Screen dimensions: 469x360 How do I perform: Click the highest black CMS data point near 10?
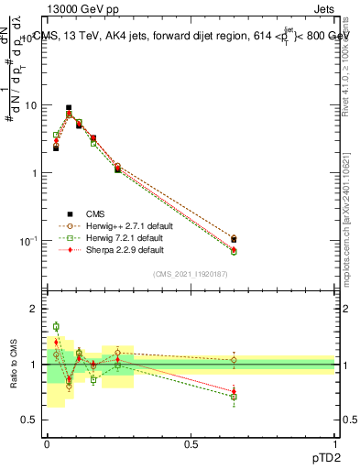pos(69,107)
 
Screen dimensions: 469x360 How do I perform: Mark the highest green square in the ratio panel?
pos(56,326)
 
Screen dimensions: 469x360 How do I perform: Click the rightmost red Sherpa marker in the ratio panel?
pos(234,391)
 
